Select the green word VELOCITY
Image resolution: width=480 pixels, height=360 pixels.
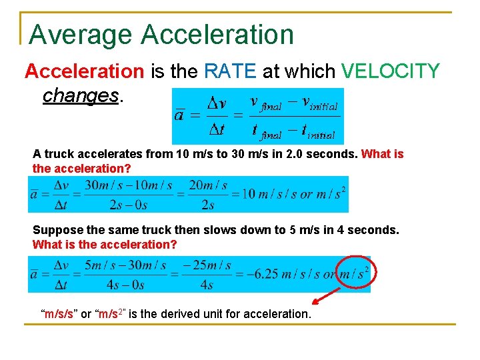tap(390, 71)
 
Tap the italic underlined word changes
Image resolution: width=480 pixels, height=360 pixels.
tap(80, 95)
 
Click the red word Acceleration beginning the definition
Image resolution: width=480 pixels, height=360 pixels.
tap(84, 71)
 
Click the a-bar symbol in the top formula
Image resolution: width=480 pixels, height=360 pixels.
tap(179, 115)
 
